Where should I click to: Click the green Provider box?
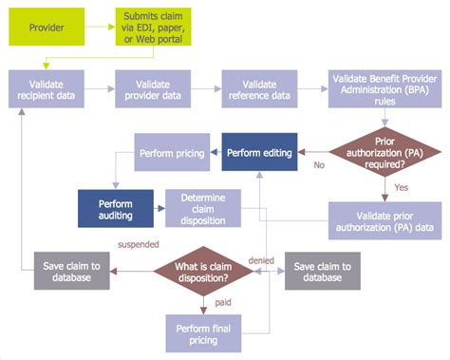[48, 27]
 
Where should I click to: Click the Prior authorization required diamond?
[384, 150]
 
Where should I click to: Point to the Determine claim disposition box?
[202, 208]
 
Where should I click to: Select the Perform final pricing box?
[203, 333]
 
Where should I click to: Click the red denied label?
[262, 259]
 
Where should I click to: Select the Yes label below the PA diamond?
[401, 187]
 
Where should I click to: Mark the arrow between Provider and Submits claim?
[99, 27]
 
